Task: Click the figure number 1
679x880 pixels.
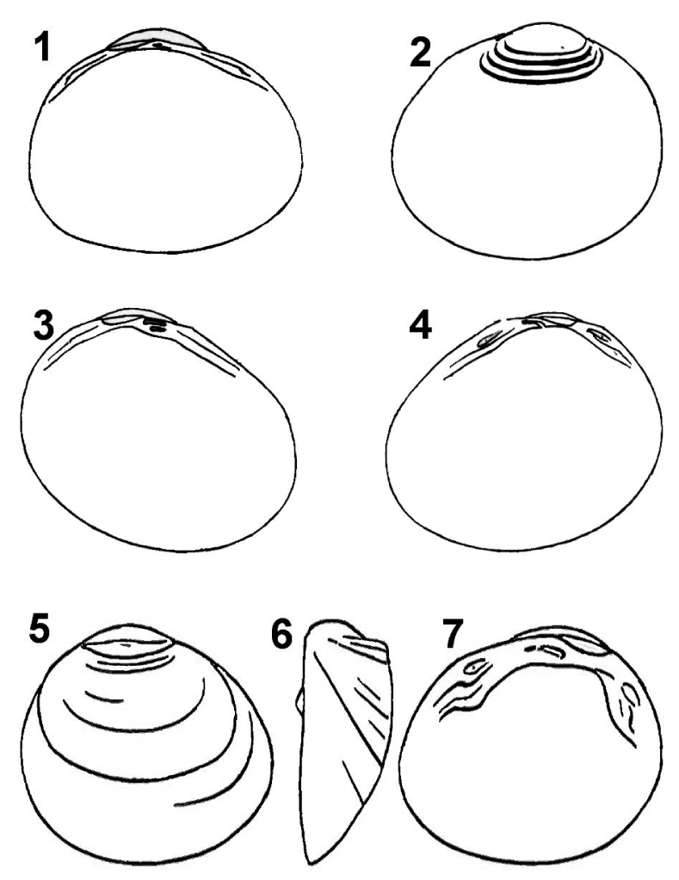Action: tap(42, 46)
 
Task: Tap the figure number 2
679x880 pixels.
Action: tap(421, 53)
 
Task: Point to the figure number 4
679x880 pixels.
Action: tap(420, 325)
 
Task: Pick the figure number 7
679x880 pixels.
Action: tap(454, 634)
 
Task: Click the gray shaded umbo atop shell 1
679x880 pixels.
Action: tap(156, 40)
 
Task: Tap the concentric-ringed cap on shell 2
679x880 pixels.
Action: tap(541, 53)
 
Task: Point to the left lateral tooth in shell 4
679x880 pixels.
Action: tap(486, 340)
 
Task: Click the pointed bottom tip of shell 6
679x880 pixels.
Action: tap(308, 864)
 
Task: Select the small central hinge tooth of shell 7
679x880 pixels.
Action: tap(547, 650)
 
